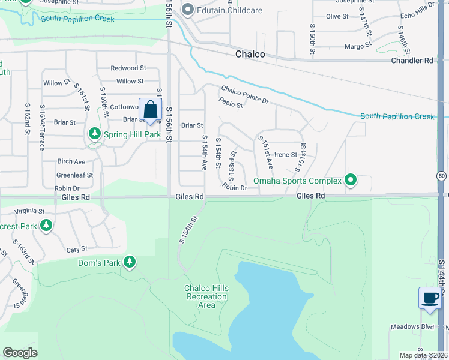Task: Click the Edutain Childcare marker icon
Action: [x=187, y=10]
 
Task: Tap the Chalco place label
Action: [x=249, y=55]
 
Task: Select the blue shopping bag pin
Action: [x=150, y=110]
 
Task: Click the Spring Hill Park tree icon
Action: [x=94, y=134]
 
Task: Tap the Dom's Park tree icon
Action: [x=129, y=262]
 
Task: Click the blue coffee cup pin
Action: [x=429, y=299]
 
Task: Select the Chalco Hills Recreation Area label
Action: [x=206, y=296]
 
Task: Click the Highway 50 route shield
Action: [x=441, y=176]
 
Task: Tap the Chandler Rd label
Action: [x=412, y=61]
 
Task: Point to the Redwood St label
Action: [x=128, y=68]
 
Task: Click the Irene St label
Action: [x=286, y=155]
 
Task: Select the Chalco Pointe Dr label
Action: [x=244, y=94]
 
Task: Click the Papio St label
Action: [x=231, y=104]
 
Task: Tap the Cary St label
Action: [x=77, y=248]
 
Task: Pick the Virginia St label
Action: [x=29, y=211]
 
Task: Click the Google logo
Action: [x=20, y=352]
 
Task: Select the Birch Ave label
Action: [x=71, y=162]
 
